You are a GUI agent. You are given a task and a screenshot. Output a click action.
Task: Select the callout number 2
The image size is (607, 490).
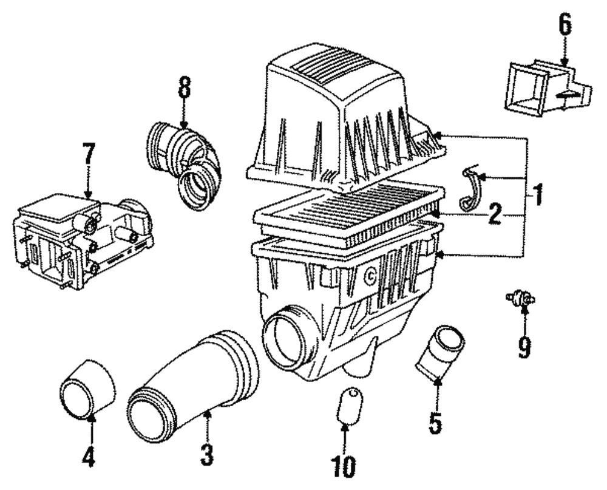point(495,214)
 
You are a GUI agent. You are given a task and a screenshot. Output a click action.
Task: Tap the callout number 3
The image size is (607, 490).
point(207,454)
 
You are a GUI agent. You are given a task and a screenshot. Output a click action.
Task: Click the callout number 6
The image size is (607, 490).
point(565,26)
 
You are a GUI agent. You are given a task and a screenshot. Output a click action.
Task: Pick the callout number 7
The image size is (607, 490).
point(89,155)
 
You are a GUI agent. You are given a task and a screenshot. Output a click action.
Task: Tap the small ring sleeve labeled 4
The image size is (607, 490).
point(88,389)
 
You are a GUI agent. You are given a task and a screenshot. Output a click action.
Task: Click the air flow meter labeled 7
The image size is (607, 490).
point(79,240)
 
